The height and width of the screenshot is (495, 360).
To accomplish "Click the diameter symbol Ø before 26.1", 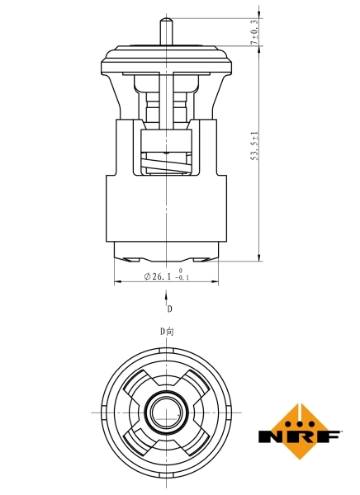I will [x=147, y=276].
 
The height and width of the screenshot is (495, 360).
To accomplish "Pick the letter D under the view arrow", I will [x=169, y=310].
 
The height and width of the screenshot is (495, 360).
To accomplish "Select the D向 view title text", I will [x=168, y=332].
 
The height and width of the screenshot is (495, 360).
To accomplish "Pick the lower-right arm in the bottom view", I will [x=197, y=439].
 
